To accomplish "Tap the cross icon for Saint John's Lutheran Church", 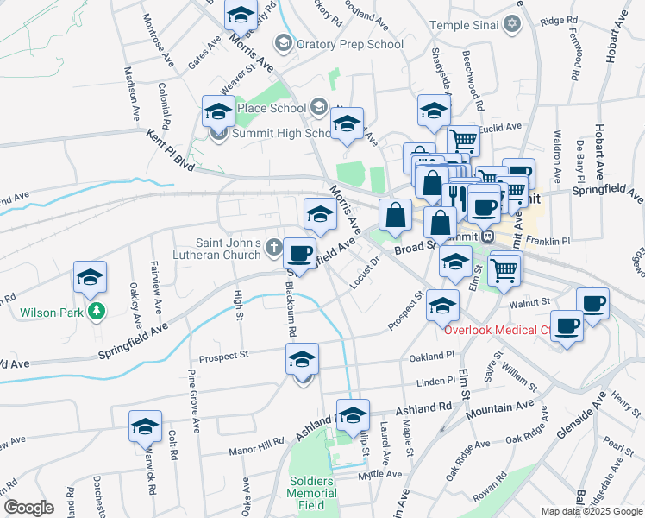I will point(273,249).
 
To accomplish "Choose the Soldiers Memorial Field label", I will point(311,492).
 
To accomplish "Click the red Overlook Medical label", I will point(496,330).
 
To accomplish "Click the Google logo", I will point(28,508).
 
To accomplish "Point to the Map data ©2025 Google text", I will point(591,511).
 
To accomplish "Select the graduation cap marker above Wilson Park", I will point(90,278).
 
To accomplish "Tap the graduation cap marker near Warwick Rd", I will point(145,426).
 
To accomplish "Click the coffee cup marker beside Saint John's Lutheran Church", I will point(299,254).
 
